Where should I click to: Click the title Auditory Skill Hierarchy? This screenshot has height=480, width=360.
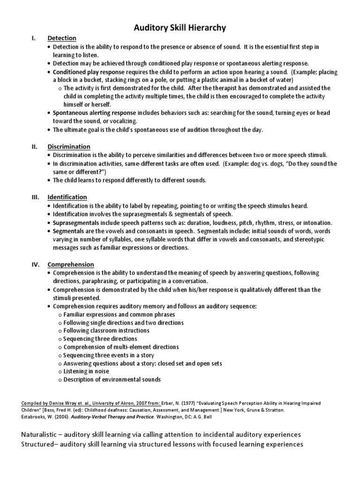(180, 28)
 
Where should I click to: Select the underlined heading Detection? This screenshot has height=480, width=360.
(62, 38)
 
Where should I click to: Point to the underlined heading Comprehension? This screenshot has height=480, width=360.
(70, 264)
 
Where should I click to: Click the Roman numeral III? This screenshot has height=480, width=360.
(35, 197)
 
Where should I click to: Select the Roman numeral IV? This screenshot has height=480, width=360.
(36, 264)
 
